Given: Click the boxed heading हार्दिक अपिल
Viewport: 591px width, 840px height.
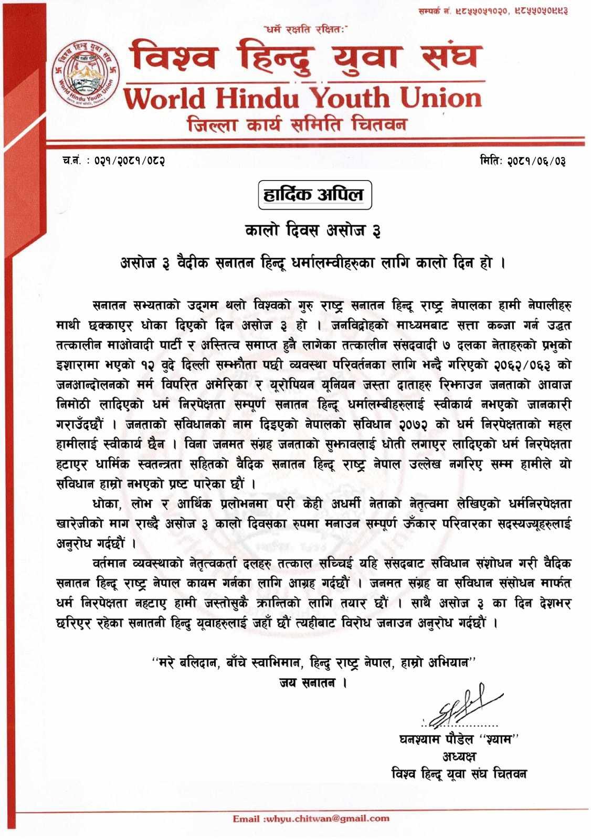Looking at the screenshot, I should pyautogui.click(x=314, y=195).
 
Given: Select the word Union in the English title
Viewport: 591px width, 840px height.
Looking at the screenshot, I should pyautogui.click(x=441, y=98).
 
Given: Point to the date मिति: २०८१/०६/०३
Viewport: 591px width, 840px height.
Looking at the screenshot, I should pyautogui.click(x=522, y=160).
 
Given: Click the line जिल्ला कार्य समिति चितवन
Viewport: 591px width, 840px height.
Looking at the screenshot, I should pyautogui.click(x=297, y=125).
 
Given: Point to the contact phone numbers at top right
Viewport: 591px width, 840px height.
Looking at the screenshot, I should pyautogui.click(x=493, y=10).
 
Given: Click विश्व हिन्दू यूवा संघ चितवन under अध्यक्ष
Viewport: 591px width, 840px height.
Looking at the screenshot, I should pyautogui.click(x=459, y=774).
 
